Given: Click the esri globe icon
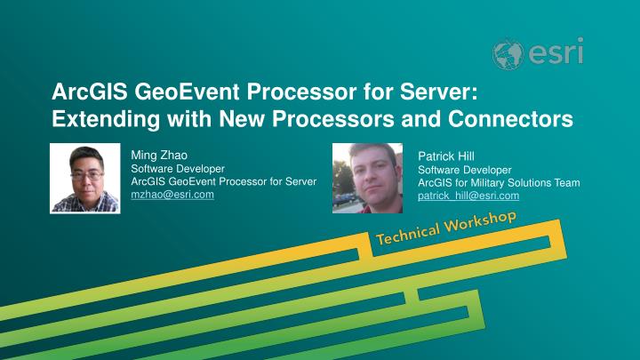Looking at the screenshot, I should pyautogui.click(x=510, y=54).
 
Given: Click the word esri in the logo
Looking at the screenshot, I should pyautogui.click(x=556, y=52).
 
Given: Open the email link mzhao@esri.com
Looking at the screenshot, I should pyautogui.click(x=172, y=195).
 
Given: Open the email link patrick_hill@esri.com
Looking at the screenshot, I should pyautogui.click(x=468, y=196).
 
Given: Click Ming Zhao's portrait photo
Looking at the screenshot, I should pyautogui.click(x=84, y=179).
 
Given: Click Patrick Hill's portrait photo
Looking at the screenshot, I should pyautogui.click(x=367, y=178).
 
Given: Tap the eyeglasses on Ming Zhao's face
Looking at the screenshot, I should pyautogui.click(x=84, y=176).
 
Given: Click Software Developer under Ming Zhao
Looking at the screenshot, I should pyautogui.click(x=178, y=168).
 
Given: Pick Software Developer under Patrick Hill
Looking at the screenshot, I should pyautogui.click(x=465, y=169).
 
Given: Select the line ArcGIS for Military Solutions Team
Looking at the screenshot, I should pyautogui.click(x=499, y=182).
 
